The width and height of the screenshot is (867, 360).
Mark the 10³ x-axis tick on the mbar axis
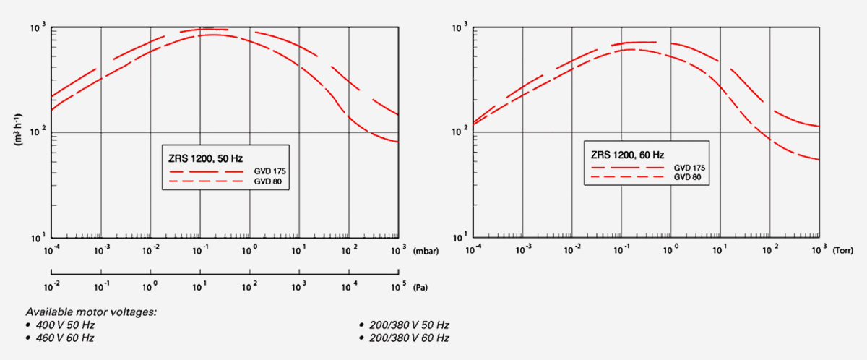tap(397, 249)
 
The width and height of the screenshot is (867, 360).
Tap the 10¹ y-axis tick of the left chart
tap(39, 238)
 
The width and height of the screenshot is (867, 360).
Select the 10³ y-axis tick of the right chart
tap(461, 28)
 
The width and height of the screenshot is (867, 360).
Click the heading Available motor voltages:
tap(91, 312)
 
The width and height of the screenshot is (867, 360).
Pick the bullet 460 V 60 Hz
tap(65, 338)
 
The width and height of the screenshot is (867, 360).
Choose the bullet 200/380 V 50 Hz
tap(409, 325)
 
